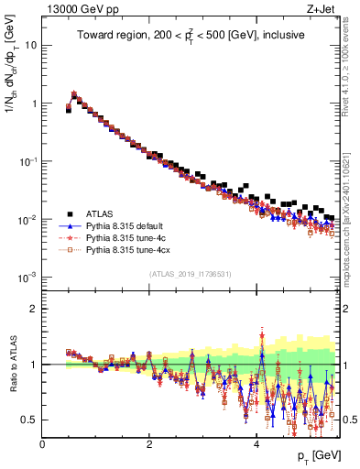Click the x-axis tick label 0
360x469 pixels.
coord(42,444)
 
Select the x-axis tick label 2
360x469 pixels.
coord(149,444)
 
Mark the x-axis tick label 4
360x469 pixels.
coord(256,444)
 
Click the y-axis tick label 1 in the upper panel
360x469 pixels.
coord(35,104)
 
